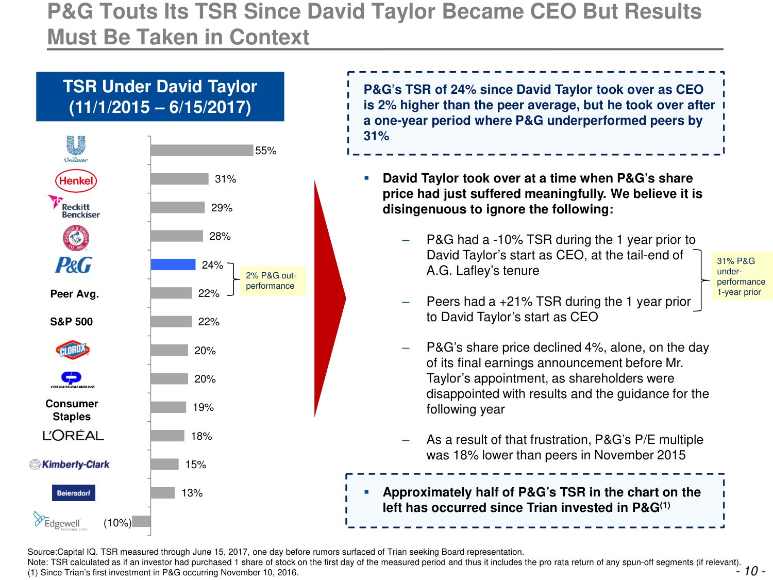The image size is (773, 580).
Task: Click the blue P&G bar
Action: (x=173, y=264)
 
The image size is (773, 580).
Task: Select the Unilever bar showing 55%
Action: (x=202, y=150)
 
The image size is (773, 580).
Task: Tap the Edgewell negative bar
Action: (x=142, y=521)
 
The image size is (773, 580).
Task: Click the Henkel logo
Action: (x=76, y=180)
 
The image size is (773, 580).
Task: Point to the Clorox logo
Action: (x=73, y=350)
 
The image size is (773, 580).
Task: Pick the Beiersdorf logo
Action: (x=73, y=493)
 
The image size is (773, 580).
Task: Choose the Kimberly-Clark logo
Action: (x=70, y=465)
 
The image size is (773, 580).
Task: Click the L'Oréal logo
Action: (x=73, y=436)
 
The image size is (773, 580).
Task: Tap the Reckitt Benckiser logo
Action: (x=74, y=207)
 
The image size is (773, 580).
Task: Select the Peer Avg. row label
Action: (x=75, y=294)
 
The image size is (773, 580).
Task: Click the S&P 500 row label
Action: (x=72, y=322)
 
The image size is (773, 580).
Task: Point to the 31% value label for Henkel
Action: (x=225, y=179)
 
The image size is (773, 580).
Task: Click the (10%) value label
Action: (x=117, y=523)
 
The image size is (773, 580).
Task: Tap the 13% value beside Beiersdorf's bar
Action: (x=192, y=493)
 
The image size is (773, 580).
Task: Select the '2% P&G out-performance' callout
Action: (x=271, y=280)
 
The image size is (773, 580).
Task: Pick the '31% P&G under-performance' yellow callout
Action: (x=741, y=276)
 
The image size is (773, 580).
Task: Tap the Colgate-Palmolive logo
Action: (x=72, y=379)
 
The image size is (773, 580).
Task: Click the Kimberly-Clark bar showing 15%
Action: (x=164, y=464)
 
